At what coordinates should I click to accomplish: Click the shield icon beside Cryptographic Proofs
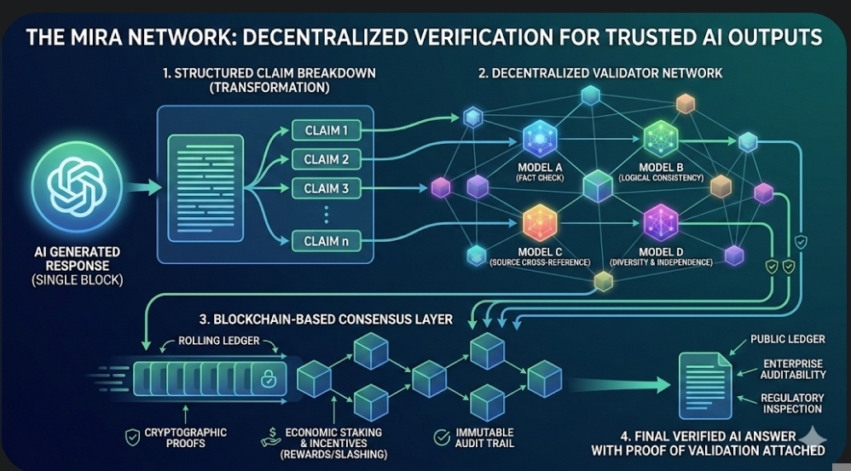[132, 438]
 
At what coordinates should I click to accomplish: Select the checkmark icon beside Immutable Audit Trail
[442, 438]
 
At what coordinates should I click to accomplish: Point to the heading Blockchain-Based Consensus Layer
[326, 320]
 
